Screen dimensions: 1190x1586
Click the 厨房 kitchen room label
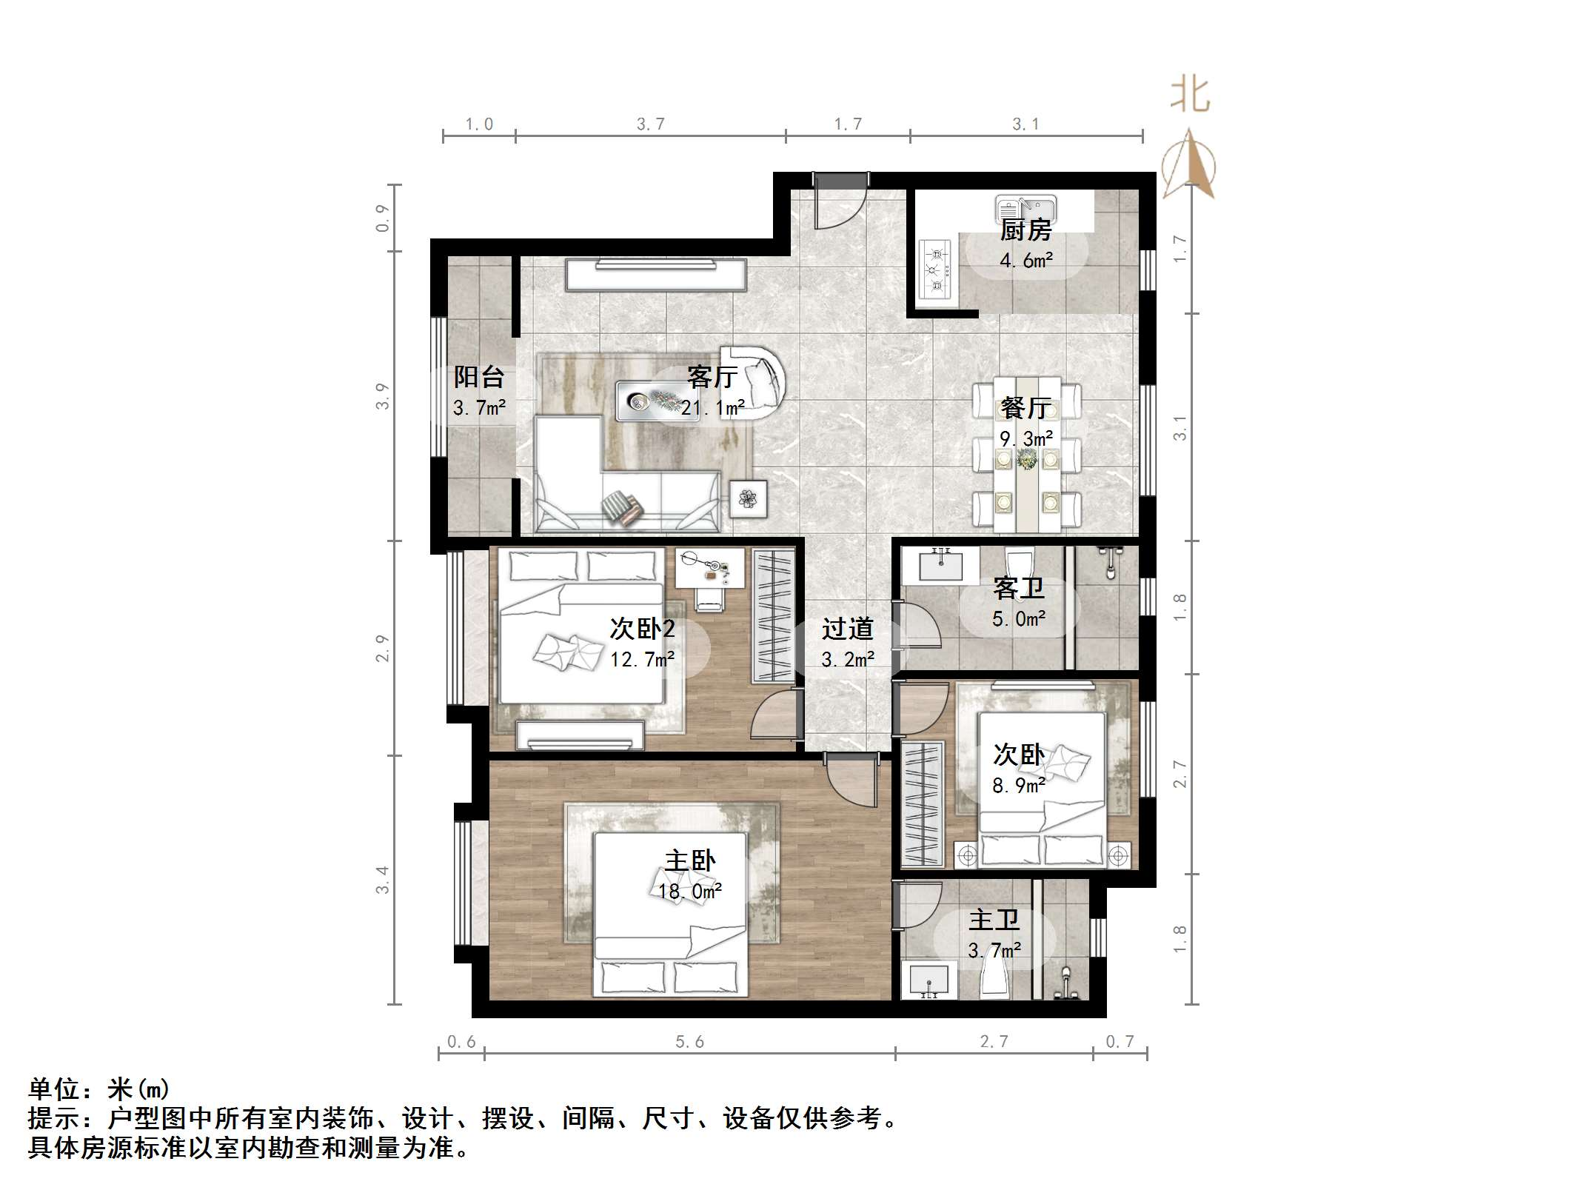[1025, 230]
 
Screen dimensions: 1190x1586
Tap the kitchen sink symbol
[1025, 207]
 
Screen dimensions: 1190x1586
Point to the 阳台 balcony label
[479, 377]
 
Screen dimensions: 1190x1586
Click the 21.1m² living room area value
[713, 408]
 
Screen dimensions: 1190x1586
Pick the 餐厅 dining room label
[1025, 407]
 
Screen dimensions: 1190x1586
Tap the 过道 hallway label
[847, 629]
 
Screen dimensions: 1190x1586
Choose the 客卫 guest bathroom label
[1019, 589]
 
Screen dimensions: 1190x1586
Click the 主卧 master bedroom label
[690, 860]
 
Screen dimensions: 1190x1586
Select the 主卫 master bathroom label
[994, 920]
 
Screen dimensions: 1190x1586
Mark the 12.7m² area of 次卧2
[642, 659]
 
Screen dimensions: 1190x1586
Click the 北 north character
[1189, 96]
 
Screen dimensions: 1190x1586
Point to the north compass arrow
[1189, 167]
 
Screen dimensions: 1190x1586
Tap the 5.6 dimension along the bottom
[689, 1042]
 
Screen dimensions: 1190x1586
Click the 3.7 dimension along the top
[651, 124]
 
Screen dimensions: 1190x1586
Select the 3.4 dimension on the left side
[382, 880]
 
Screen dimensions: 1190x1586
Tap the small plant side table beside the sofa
[748, 498]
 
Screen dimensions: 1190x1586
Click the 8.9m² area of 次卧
[1019, 786]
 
